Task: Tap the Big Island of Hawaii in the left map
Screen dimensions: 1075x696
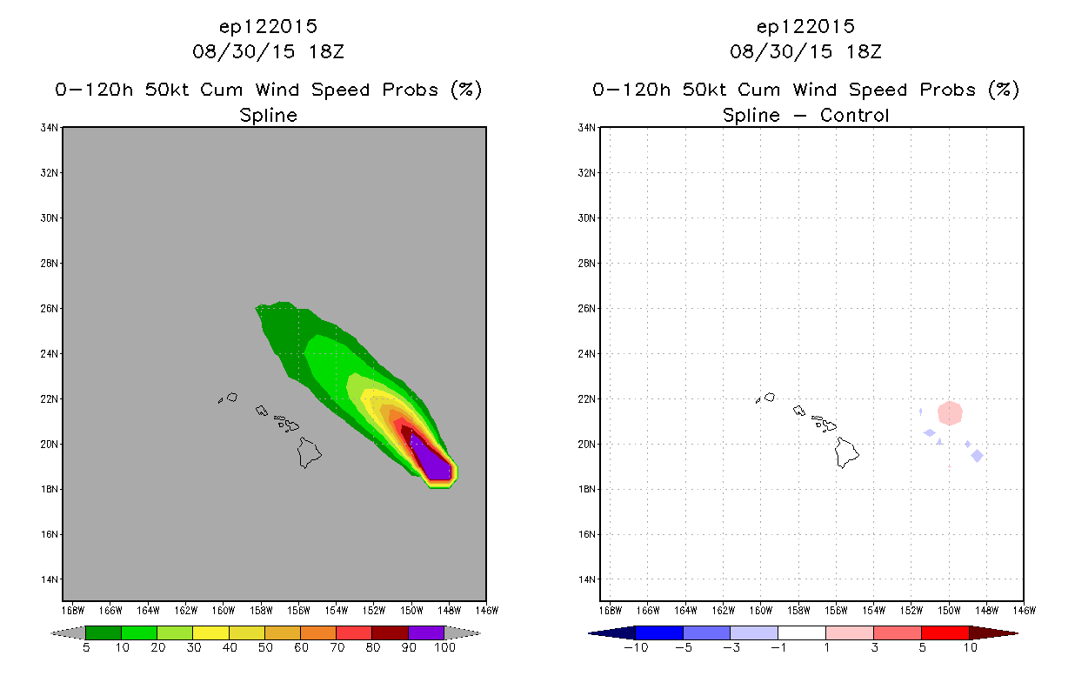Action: coord(309,452)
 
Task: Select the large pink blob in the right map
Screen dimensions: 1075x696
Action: coord(950,413)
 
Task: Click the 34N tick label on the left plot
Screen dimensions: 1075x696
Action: coord(49,128)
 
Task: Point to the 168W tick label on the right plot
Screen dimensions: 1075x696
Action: coord(611,611)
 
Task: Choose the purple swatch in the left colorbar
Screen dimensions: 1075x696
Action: coord(426,632)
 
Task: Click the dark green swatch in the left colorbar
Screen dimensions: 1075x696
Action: coord(103,632)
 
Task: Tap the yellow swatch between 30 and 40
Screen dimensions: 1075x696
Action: coord(210,632)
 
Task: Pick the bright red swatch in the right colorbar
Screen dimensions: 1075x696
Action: coord(945,632)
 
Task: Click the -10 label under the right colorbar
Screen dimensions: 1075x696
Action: coord(636,647)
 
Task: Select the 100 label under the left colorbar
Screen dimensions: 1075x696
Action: coord(444,647)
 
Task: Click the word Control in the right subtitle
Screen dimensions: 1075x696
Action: coord(854,115)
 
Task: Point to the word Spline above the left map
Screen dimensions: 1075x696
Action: coord(268,115)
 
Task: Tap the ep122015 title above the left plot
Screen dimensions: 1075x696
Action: coord(268,26)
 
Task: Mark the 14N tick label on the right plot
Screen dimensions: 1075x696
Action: coord(586,579)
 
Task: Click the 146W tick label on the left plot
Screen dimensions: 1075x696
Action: coord(487,611)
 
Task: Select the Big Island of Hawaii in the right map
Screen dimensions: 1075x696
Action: coord(846,452)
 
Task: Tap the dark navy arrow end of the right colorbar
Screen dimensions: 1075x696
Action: coord(611,633)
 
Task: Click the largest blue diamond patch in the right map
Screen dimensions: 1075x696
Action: coord(977,456)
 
